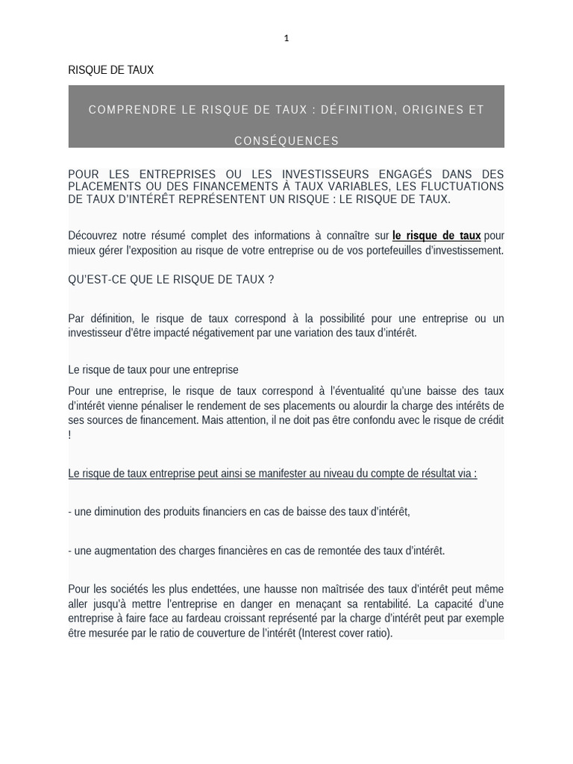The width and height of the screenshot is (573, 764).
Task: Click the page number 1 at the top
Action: [x=286, y=38]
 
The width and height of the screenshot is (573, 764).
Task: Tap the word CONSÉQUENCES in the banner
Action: [x=286, y=141]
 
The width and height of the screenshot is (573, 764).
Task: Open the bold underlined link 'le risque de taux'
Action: [x=436, y=236]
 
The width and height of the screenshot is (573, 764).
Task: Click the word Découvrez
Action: [x=93, y=236]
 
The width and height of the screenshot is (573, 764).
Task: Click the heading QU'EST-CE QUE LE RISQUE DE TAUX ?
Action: [x=171, y=280]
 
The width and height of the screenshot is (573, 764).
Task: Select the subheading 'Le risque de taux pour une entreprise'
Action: [x=153, y=369]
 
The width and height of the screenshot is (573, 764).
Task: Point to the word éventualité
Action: [x=388, y=391]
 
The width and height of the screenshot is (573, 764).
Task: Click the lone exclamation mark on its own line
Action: [x=69, y=435]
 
